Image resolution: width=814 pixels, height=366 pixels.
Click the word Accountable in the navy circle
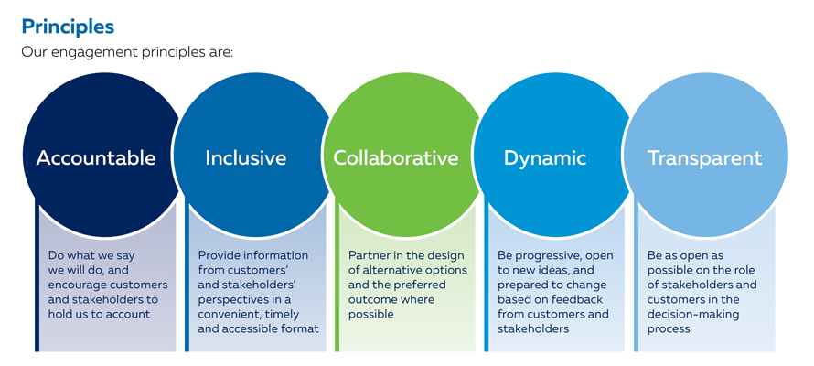click(x=96, y=157)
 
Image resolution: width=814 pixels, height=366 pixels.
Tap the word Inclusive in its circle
click(x=245, y=157)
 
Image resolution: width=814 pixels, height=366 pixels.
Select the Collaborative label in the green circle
click(x=395, y=157)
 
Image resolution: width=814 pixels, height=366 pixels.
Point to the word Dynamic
click(x=544, y=157)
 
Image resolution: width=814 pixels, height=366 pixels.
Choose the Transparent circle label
click(x=704, y=157)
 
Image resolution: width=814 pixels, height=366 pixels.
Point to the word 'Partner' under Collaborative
click(x=369, y=255)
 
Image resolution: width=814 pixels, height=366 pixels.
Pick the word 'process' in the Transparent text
click(x=669, y=328)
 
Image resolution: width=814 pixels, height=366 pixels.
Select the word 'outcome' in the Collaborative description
click(x=370, y=299)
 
